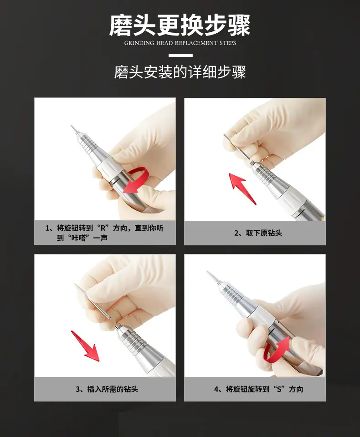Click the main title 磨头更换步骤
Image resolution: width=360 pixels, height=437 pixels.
click(180, 25)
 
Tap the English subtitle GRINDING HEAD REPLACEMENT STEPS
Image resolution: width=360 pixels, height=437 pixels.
click(180, 43)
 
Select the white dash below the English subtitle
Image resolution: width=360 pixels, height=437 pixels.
click(180, 55)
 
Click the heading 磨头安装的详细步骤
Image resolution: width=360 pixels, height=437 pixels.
click(180, 72)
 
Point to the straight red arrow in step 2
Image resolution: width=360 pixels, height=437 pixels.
click(242, 188)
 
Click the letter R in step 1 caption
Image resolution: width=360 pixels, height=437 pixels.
click(103, 228)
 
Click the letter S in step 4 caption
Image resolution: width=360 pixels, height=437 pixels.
click(279, 389)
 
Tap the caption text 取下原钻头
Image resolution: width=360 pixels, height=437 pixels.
click(264, 233)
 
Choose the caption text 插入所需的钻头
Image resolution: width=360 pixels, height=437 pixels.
click(113, 389)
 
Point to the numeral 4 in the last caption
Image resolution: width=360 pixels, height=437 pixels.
click(216, 389)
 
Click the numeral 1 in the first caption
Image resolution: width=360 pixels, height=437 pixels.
click(47, 229)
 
